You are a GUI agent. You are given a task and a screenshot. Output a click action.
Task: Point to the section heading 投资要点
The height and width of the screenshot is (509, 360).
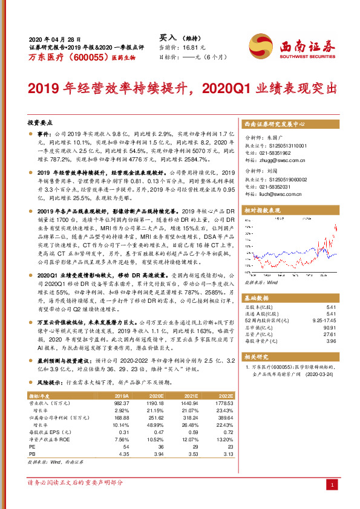coord(40,122)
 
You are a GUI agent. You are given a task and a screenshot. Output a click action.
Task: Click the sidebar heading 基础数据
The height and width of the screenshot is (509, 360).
coord(258,298)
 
